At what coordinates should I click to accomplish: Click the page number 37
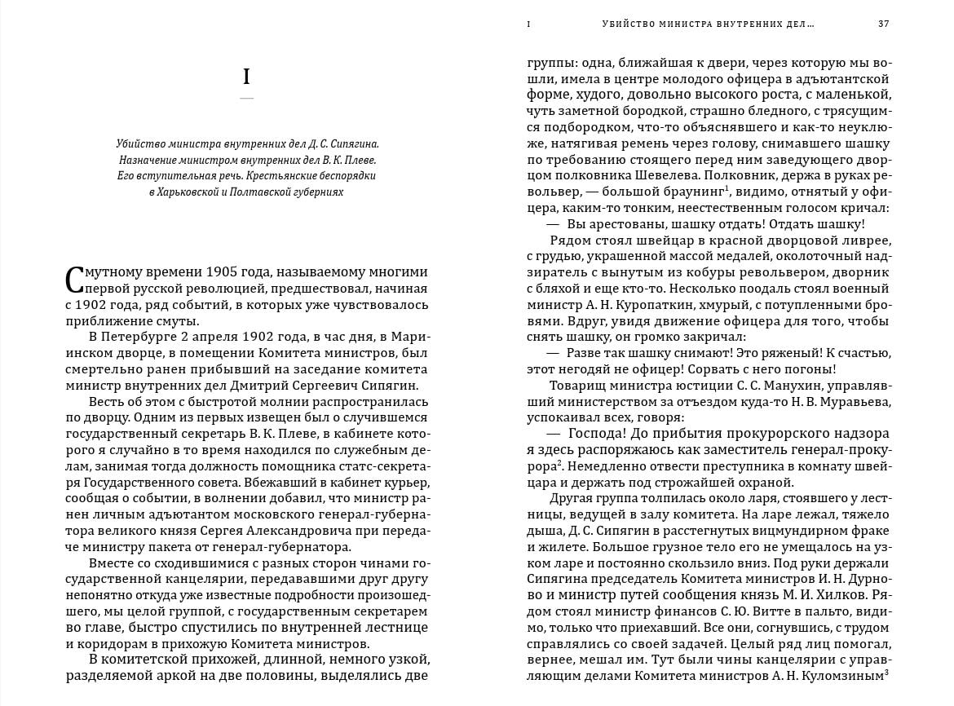883,24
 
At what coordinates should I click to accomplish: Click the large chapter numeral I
247,77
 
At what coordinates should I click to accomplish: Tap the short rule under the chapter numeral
247,99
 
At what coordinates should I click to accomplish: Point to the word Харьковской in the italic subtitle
188,192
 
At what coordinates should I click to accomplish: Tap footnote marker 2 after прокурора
560,463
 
